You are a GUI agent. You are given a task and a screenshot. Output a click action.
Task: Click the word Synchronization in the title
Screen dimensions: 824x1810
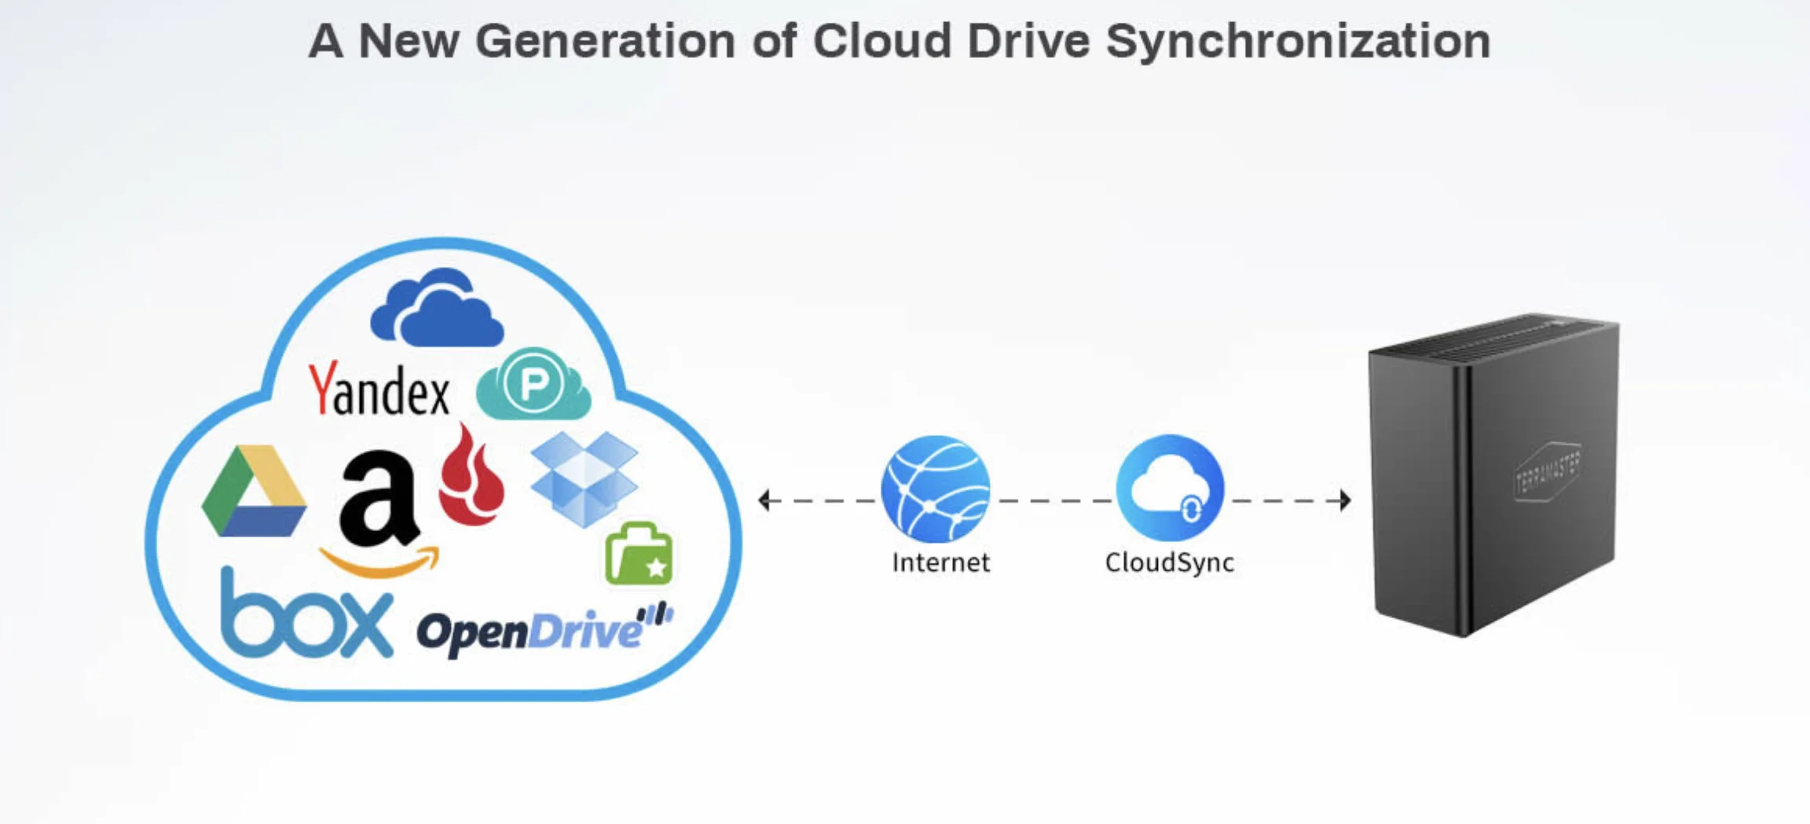tap(1298, 41)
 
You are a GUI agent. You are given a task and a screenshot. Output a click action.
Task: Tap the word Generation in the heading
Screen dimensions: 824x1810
tap(605, 41)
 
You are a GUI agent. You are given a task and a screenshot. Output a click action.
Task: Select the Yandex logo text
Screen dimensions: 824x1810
tap(379, 390)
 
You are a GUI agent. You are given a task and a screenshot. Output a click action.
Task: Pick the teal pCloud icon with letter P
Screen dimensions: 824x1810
tap(533, 384)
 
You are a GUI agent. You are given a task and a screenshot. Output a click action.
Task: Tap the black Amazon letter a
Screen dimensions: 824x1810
tap(379, 500)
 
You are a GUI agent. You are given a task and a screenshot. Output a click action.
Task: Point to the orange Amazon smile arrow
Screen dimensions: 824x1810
tap(380, 562)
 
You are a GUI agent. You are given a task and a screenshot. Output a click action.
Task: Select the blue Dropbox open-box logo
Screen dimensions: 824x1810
tap(584, 478)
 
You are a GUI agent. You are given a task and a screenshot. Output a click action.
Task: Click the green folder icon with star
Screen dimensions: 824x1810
tap(639, 555)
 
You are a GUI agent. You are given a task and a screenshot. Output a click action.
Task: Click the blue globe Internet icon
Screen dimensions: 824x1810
tap(935, 489)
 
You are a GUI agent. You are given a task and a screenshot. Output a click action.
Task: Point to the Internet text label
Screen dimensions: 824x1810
tap(940, 562)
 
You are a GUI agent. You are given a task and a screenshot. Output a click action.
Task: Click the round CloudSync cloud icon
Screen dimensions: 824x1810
tap(1170, 488)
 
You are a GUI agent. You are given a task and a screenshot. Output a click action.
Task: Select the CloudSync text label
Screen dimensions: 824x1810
tap(1169, 562)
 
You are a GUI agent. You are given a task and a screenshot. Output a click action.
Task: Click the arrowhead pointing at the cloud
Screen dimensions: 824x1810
tap(764, 500)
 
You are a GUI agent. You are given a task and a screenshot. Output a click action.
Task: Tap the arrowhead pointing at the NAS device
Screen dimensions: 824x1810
tap(1345, 500)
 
